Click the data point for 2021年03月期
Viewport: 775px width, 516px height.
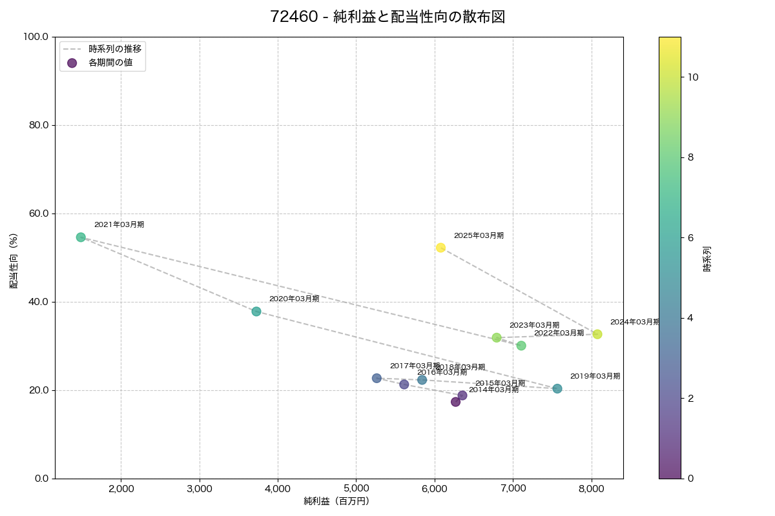click(x=81, y=237)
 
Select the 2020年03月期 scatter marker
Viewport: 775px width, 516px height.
click(x=256, y=312)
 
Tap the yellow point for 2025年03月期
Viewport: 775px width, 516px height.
click(x=440, y=248)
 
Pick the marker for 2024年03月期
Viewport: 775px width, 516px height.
click(x=597, y=334)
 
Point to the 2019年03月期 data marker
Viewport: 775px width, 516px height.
click(x=557, y=389)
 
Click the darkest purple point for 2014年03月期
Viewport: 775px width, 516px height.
click(x=455, y=402)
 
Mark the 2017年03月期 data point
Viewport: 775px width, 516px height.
click(x=377, y=378)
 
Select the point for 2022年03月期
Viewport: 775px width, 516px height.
click(x=521, y=346)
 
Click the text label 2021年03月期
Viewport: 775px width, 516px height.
click(x=119, y=224)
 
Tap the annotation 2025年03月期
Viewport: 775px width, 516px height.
click(x=479, y=235)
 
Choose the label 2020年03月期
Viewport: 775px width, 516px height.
click(x=294, y=299)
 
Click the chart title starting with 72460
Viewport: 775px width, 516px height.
click(x=387, y=17)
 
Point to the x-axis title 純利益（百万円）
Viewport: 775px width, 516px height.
click(x=336, y=501)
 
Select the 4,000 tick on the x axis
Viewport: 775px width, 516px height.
click(x=278, y=489)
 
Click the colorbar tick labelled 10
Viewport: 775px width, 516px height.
click(x=694, y=77)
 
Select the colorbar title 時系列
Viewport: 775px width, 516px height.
click(x=707, y=257)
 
